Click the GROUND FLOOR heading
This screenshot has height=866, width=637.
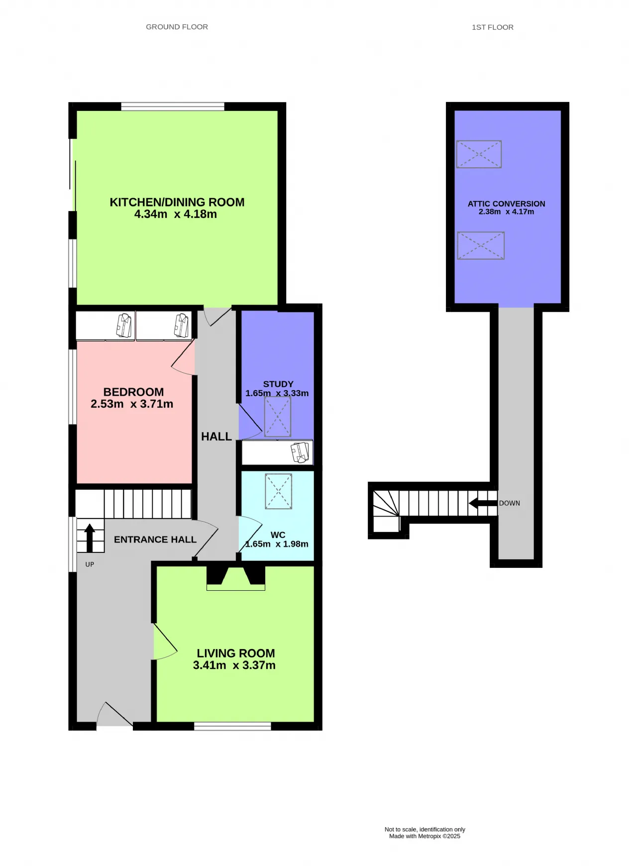click(x=177, y=27)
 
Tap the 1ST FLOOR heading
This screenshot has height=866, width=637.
click(x=493, y=27)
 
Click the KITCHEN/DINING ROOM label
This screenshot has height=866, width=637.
click(x=177, y=202)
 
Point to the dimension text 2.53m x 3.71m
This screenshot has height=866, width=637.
click(x=132, y=404)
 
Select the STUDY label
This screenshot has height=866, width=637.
click(x=278, y=384)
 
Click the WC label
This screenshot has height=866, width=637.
click(x=278, y=535)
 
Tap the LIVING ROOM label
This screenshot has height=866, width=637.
click(x=236, y=653)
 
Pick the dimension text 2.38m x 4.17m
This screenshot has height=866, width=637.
click(x=506, y=212)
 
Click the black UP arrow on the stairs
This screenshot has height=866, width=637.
click(x=90, y=538)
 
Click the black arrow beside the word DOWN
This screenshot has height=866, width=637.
click(x=483, y=503)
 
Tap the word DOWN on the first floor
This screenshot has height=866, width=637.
click(x=510, y=503)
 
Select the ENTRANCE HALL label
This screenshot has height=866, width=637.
click(x=155, y=540)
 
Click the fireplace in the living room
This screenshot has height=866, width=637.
click(x=236, y=578)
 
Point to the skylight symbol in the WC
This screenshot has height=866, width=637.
click(x=279, y=491)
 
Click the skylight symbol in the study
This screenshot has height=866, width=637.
click(x=278, y=417)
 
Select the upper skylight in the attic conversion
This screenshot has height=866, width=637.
click(x=479, y=154)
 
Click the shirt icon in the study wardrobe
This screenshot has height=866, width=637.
click(x=300, y=452)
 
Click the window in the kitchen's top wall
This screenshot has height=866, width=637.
click(x=173, y=107)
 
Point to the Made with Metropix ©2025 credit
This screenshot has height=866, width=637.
click(x=425, y=836)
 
